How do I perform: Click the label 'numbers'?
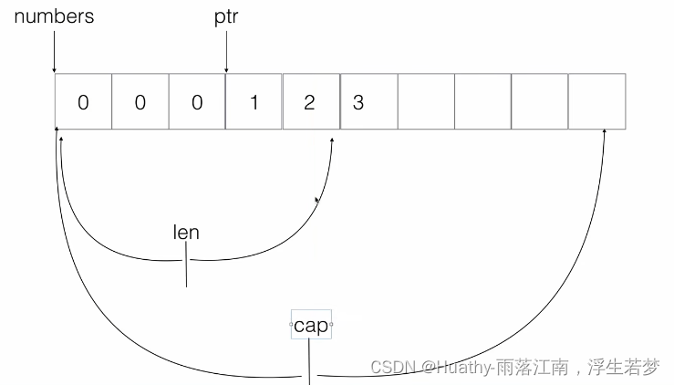(54, 16)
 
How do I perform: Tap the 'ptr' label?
(226, 18)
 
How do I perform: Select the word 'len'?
(186, 232)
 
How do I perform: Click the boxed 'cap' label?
(311, 326)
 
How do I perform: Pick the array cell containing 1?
(254, 102)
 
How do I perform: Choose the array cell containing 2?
(310, 102)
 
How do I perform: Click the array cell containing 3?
(368, 102)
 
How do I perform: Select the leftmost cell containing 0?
(83, 102)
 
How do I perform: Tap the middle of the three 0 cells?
(140, 102)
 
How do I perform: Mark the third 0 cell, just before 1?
(197, 102)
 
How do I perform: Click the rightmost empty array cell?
(596, 102)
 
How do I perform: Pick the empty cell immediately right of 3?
(425, 102)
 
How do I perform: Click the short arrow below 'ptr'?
(226, 55)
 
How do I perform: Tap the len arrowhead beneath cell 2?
(331, 140)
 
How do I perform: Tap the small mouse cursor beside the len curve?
(317, 200)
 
